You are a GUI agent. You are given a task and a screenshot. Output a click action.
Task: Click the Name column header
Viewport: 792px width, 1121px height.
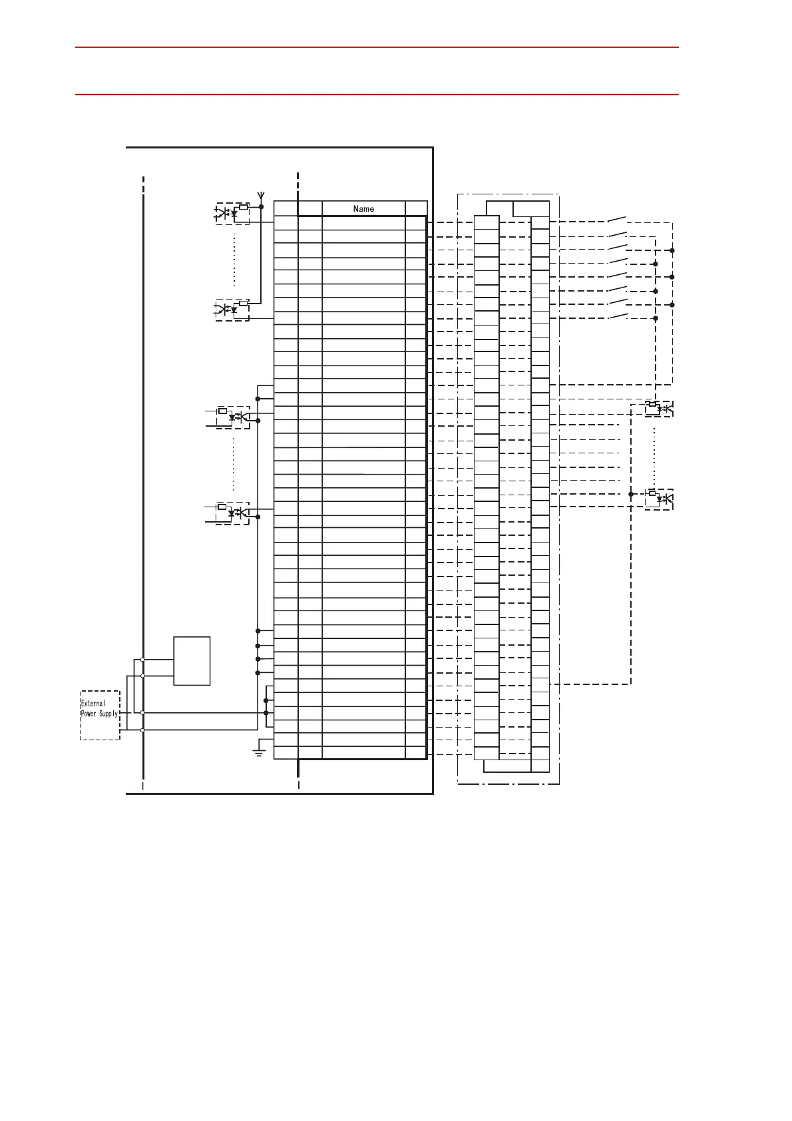(x=363, y=208)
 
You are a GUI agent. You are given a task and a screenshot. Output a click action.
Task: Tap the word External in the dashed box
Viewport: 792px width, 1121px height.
(x=93, y=703)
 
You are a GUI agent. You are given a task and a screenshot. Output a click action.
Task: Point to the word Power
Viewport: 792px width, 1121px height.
(x=89, y=714)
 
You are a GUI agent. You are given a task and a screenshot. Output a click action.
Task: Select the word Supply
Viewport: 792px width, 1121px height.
(x=108, y=714)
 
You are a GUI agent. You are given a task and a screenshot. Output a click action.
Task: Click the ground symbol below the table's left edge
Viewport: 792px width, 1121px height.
(x=259, y=752)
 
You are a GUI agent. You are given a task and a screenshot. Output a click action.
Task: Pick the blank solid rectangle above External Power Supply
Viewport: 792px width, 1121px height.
(x=192, y=660)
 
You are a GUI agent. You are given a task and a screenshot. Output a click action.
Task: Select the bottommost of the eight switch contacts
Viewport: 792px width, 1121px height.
(x=618, y=316)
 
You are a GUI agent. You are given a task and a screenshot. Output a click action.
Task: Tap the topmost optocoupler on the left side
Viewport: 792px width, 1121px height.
(x=232, y=214)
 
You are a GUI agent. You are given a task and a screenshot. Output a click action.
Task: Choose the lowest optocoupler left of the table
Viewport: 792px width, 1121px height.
(x=233, y=513)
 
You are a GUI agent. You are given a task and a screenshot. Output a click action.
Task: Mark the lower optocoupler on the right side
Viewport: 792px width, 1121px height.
(x=659, y=498)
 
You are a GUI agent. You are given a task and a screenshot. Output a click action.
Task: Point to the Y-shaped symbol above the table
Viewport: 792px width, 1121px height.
(x=261, y=196)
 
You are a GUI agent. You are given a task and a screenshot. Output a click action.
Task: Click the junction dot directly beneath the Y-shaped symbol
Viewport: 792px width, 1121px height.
(x=261, y=207)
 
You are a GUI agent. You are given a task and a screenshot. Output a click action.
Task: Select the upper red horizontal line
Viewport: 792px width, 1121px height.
(x=377, y=47)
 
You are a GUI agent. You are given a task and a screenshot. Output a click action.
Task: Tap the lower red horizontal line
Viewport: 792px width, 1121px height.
(x=377, y=95)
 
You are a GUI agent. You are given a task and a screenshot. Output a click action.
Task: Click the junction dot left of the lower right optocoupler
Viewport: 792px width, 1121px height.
(x=631, y=494)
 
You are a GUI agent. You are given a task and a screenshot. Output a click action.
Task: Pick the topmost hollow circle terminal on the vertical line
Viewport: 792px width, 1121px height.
(x=142, y=660)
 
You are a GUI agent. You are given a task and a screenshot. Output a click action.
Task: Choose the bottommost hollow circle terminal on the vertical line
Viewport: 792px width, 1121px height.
(x=142, y=730)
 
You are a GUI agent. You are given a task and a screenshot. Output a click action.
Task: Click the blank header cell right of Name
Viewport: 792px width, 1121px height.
(x=416, y=208)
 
